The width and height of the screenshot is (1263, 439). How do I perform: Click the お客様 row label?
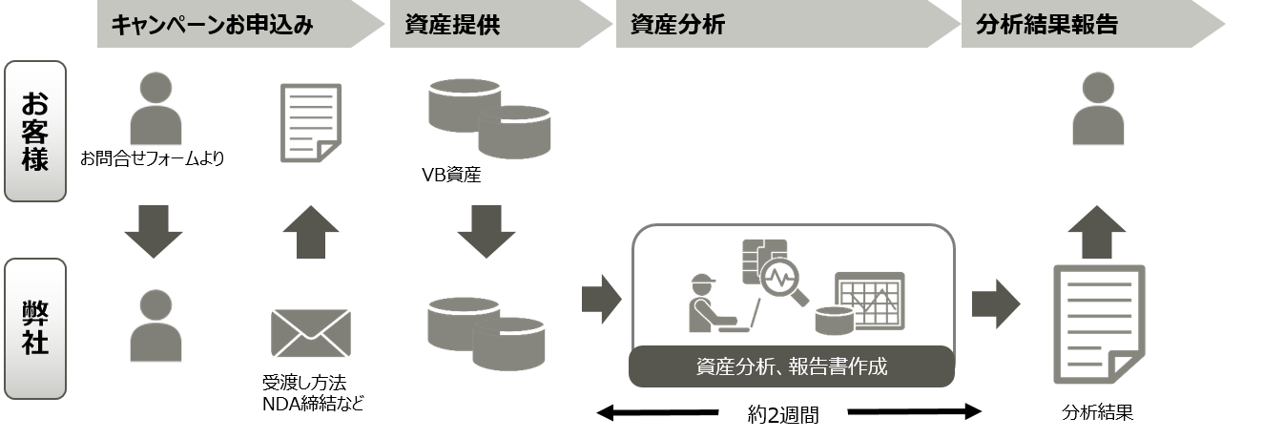[35, 132]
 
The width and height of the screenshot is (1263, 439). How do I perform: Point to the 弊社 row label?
[35, 328]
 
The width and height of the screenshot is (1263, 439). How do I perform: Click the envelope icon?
[311, 333]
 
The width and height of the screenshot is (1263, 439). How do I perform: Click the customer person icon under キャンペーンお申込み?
[155, 110]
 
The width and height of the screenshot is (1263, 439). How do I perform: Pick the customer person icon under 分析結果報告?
[1098, 110]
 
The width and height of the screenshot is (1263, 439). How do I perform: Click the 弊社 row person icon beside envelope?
[155, 326]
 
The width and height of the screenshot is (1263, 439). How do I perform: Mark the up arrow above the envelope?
[311, 232]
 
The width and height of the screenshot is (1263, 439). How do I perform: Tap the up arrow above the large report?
[1096, 232]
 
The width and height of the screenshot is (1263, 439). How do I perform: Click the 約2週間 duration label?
[783, 415]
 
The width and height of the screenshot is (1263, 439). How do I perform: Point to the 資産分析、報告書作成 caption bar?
[792, 366]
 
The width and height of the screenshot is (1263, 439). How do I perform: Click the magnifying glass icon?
[785, 282]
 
